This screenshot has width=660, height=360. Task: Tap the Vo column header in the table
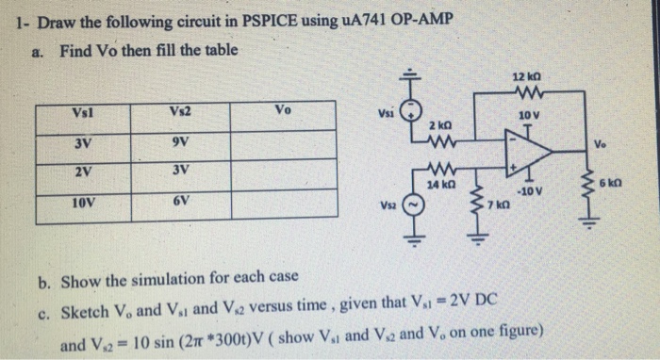[x=283, y=111]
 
